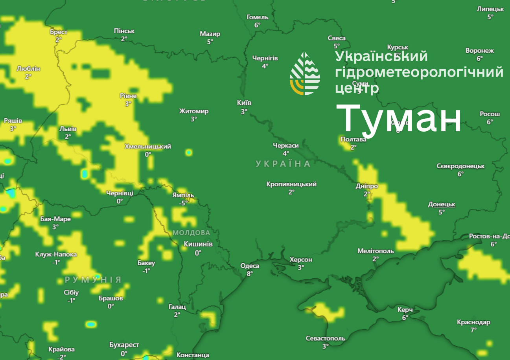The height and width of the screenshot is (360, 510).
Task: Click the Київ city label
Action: click(x=244, y=103)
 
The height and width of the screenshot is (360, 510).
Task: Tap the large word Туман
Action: click(x=398, y=119)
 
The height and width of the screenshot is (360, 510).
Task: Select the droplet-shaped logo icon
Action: click(x=305, y=74)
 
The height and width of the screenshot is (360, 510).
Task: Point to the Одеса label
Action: click(x=250, y=266)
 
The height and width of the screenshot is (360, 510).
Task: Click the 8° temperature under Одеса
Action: click(x=250, y=274)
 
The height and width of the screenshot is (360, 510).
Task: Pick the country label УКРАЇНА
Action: click(x=283, y=164)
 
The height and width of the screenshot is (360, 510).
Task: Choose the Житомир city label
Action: click(x=194, y=111)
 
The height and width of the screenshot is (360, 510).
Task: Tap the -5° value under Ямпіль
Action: click(x=183, y=203)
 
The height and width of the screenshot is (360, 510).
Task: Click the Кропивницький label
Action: click(x=291, y=184)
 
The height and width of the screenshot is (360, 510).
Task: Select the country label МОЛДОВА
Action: click(x=191, y=233)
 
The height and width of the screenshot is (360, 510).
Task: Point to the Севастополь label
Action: click(x=326, y=338)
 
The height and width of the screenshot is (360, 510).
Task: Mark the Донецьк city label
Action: click(x=442, y=204)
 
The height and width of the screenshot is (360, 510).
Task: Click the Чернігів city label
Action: click(x=265, y=58)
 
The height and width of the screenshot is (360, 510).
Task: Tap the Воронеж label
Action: click(x=480, y=51)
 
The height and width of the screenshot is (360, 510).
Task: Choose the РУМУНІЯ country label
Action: click(x=93, y=280)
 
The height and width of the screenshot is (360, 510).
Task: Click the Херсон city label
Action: click(x=301, y=260)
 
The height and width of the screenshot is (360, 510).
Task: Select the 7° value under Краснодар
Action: click(x=473, y=330)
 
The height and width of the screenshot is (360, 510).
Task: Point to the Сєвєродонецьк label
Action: click(x=460, y=166)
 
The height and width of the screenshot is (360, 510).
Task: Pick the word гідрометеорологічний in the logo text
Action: click(x=419, y=72)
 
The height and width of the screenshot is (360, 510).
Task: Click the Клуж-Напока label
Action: click(x=56, y=254)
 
